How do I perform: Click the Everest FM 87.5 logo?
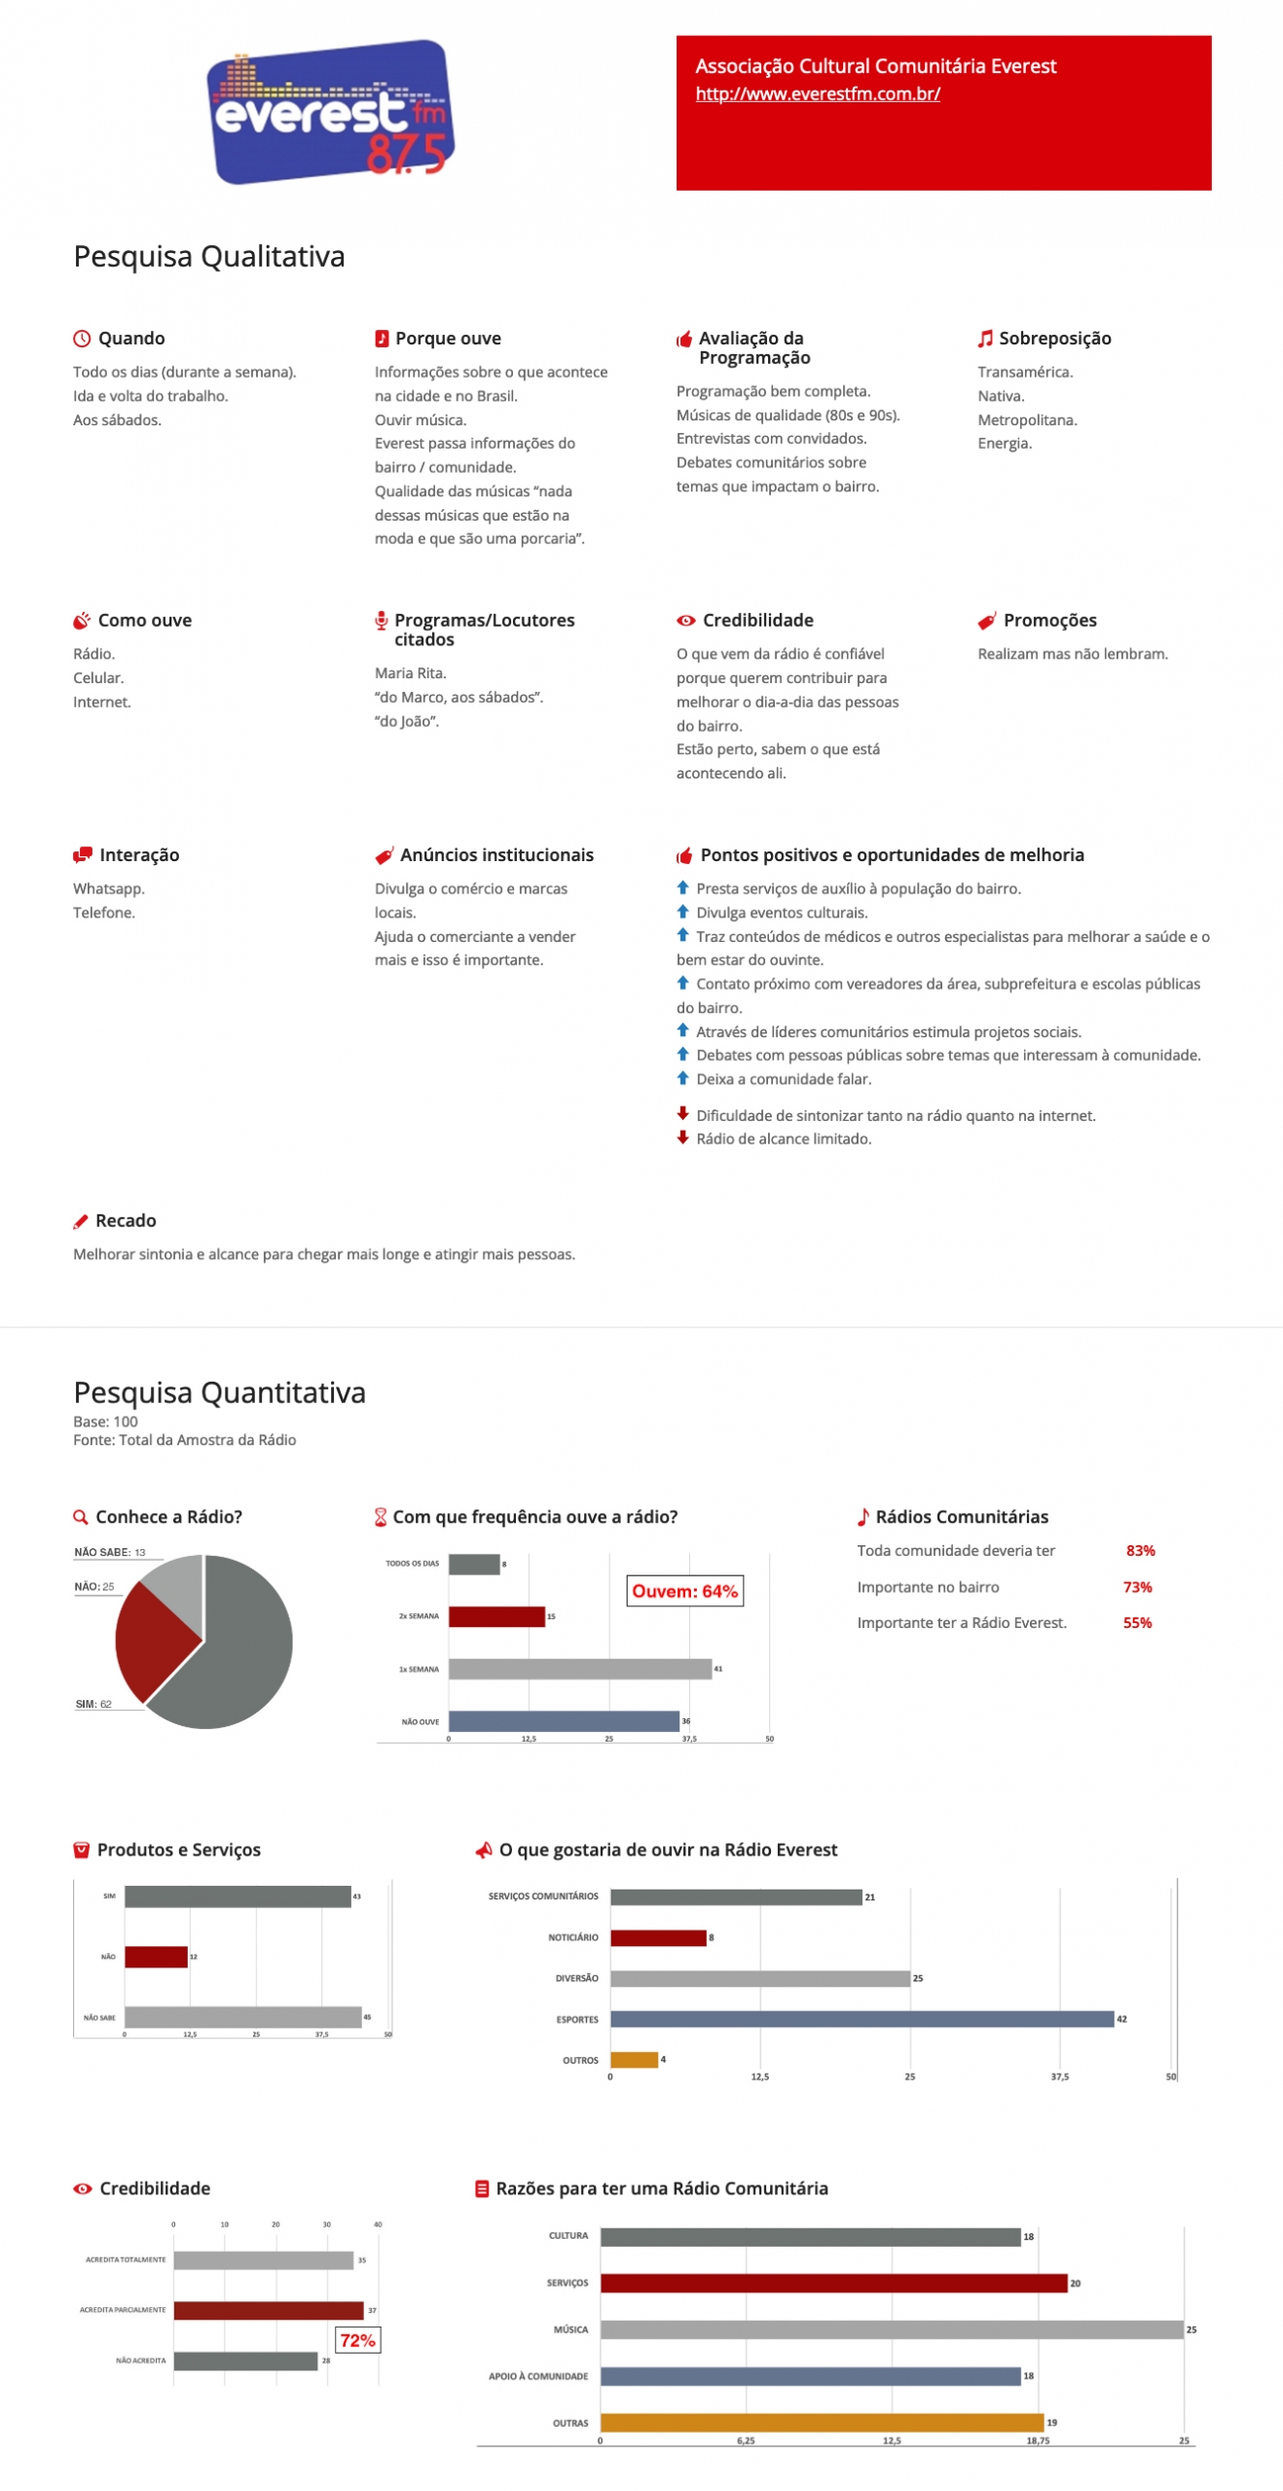pos(331,112)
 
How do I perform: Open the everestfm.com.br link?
pos(817,94)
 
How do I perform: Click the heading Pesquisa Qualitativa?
pos(209,256)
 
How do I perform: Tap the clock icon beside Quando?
pos(82,339)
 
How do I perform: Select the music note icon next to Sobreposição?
pos(984,339)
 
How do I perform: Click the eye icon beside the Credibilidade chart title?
pos(83,2188)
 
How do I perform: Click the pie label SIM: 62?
pos(93,1704)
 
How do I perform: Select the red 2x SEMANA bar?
pos(495,1616)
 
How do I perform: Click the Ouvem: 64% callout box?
pos(684,1591)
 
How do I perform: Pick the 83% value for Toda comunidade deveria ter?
pos(1139,1550)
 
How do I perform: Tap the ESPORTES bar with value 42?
pos(861,2019)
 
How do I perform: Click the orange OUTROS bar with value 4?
pos(634,2060)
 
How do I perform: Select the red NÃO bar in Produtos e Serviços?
pos(156,1957)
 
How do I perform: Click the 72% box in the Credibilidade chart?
pos(357,2340)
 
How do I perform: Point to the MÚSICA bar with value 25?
pos(891,2329)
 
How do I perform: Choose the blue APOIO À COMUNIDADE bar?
pos(810,2376)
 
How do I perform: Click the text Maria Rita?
pos(410,673)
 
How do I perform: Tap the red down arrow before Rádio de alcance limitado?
pos(682,1137)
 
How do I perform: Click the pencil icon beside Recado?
pos(81,1222)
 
